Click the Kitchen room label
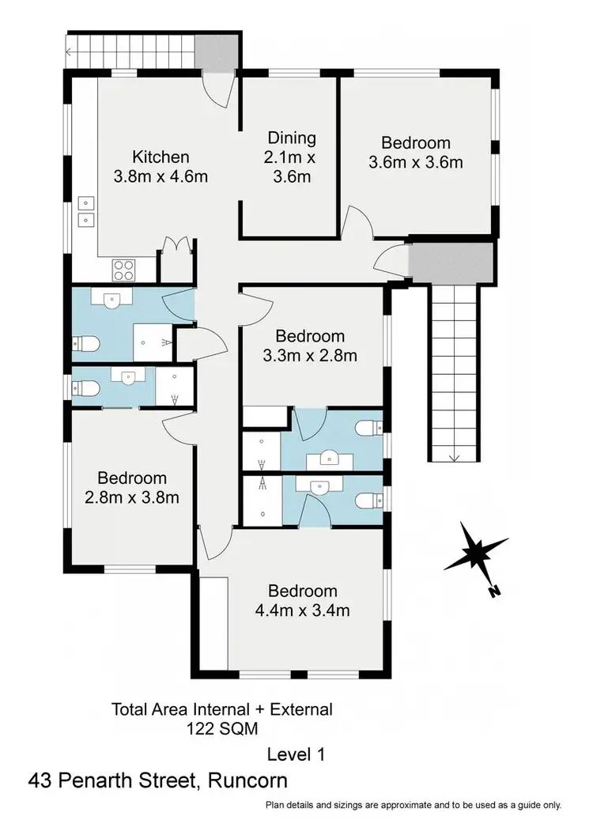point(161,156)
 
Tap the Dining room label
point(291,138)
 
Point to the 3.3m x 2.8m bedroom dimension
point(309,356)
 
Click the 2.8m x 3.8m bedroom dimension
point(132,497)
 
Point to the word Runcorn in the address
point(247,781)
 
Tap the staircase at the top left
point(130,53)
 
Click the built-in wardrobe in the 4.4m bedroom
point(213,622)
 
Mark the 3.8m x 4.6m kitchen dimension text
point(161,176)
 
